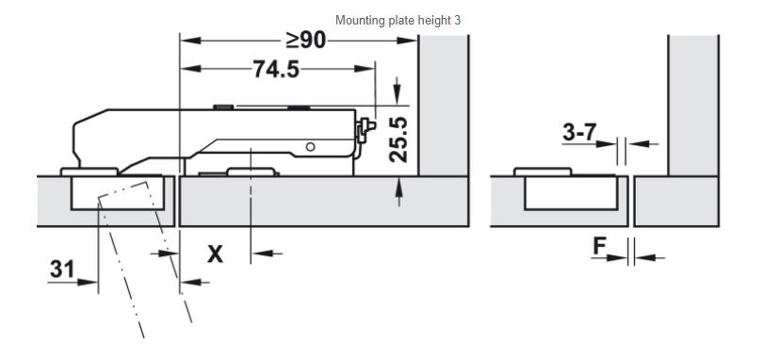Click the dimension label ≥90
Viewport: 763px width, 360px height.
click(x=305, y=41)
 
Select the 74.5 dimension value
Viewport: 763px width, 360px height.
click(x=276, y=69)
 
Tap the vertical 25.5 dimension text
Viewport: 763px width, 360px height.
click(x=398, y=139)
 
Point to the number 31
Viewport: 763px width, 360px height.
click(x=62, y=269)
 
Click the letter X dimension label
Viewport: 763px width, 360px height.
click(x=215, y=254)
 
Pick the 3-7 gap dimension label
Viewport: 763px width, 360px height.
click(x=579, y=132)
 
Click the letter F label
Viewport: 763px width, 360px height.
click(x=599, y=247)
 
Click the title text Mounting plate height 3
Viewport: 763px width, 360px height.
click(x=398, y=21)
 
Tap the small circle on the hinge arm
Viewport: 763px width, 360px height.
click(x=311, y=147)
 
